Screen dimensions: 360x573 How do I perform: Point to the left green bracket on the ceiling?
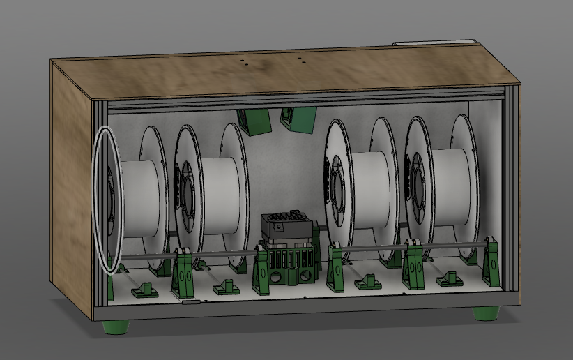click(254, 120)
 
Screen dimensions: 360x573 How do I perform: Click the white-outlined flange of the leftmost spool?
click(106, 199)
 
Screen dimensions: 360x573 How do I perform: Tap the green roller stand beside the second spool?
click(184, 272)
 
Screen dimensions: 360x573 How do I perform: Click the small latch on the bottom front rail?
click(189, 302)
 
